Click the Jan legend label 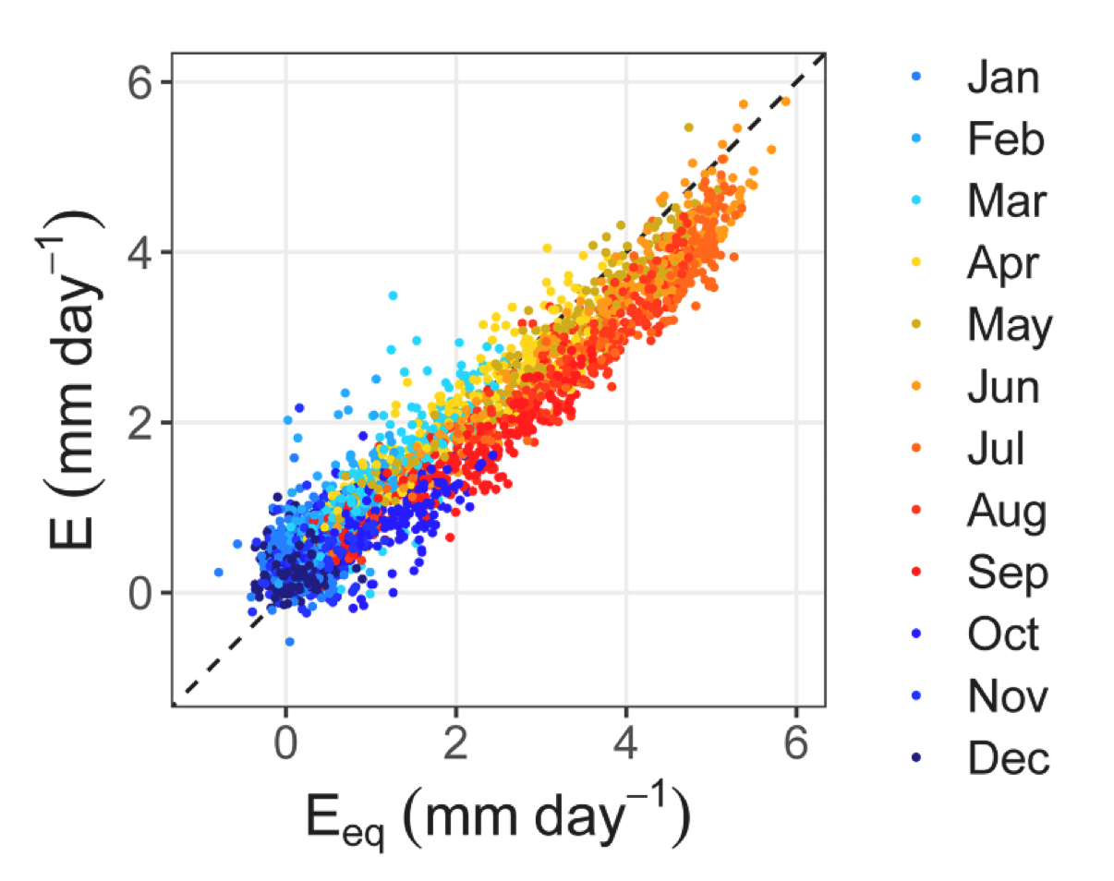coord(1003,79)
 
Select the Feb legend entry coord(1005,141)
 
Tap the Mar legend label coord(1004,203)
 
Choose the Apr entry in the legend coord(1003,265)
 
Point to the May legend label coord(1010,326)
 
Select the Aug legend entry coord(1007,512)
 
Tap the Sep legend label coord(1008,573)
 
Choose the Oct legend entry coord(1003,635)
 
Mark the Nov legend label coord(1007,697)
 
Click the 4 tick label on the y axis coord(139,252)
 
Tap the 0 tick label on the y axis coord(139,593)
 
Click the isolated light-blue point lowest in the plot coord(289,641)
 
